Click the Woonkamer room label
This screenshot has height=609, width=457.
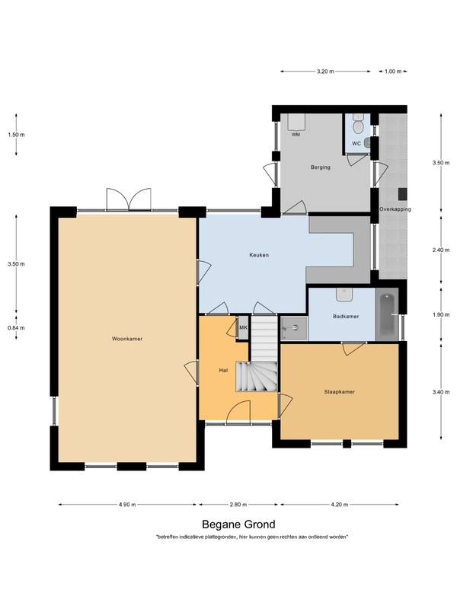coord(127,339)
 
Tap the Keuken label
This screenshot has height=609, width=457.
coord(259,255)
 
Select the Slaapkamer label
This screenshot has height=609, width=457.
coord(339,392)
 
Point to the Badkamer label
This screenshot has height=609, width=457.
coord(346,317)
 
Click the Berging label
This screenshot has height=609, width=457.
coord(321,167)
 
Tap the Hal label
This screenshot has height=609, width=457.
coord(223,371)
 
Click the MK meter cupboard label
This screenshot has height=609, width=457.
coord(243,328)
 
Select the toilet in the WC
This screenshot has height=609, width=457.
coord(358,124)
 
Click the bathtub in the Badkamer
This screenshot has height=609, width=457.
coord(387,315)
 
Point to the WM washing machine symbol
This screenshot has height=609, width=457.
coord(296,122)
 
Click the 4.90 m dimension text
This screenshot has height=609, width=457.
coord(127,505)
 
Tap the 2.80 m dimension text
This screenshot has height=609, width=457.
coord(238,505)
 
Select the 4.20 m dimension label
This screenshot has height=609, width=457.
coord(339,505)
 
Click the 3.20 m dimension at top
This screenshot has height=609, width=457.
coord(325,72)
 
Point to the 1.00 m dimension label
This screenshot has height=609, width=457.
coord(393,72)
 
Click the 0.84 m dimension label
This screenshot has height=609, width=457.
coord(16,328)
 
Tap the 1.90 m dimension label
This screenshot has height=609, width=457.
coord(441,315)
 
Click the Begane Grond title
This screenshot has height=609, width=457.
coord(238,525)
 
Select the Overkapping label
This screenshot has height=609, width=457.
coord(395,209)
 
